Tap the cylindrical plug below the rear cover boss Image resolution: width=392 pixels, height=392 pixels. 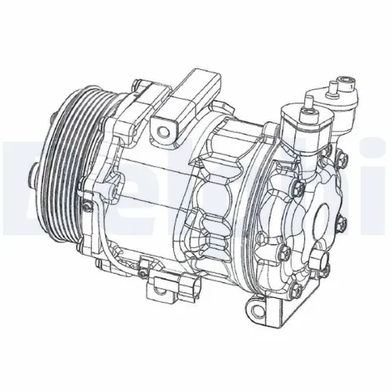(x=321, y=262)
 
